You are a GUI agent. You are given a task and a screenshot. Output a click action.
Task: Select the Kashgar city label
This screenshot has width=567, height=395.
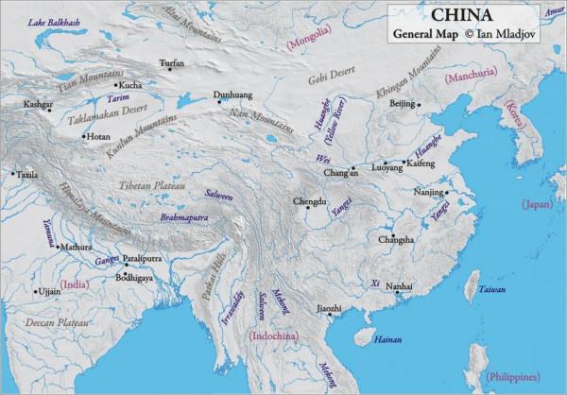pos(37,105)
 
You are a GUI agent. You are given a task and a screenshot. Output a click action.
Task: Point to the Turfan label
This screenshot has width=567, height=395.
pos(172,63)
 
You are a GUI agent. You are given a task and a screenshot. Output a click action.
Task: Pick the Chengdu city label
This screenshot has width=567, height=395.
pos(309,201)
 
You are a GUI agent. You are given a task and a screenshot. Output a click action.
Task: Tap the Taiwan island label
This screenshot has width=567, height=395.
pos(490,288)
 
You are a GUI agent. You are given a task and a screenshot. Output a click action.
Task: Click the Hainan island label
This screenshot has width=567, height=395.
pos(387,337)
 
